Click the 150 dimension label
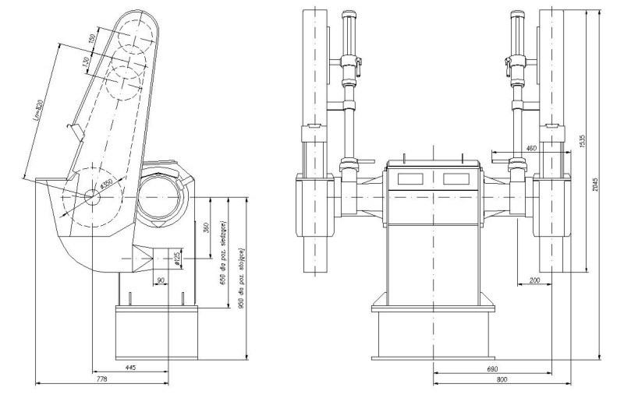click(x=91, y=40)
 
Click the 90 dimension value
click(x=160, y=280)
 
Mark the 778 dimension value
click(x=101, y=378)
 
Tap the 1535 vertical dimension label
click(x=583, y=140)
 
